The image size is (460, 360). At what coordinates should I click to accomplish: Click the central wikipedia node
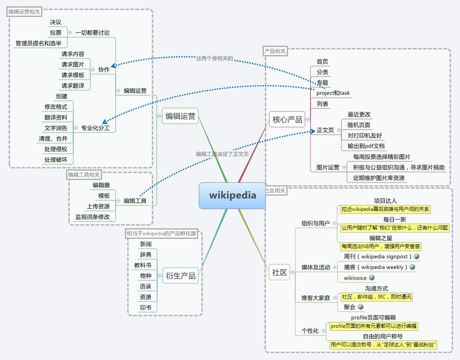tap(233, 195)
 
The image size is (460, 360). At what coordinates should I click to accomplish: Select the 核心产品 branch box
tap(287, 119)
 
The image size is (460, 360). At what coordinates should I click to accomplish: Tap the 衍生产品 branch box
tap(180, 276)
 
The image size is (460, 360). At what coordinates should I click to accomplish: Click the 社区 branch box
tap(279, 272)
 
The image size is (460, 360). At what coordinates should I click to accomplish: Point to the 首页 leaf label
tap(322, 61)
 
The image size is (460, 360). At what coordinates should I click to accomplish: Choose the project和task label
tap(333, 93)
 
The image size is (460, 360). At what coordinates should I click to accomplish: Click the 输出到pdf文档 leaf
tap(366, 146)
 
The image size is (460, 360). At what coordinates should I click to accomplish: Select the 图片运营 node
tap(328, 167)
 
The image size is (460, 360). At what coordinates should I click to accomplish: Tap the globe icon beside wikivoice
tap(372, 277)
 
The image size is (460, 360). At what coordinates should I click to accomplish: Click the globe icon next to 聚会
tap(361, 307)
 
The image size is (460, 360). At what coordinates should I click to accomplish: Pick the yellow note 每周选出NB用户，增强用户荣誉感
tap(381, 246)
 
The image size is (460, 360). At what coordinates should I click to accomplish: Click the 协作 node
tap(104, 69)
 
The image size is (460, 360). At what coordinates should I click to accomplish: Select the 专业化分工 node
tap(95, 128)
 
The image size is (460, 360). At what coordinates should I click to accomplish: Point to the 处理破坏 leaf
tap(56, 160)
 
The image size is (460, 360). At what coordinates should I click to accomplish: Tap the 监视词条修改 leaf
tap(92, 217)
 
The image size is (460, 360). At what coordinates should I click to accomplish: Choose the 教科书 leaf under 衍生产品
tap(143, 265)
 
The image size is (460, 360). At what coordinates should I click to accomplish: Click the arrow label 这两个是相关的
tap(214, 58)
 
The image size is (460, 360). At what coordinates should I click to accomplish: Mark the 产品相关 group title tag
tap(275, 51)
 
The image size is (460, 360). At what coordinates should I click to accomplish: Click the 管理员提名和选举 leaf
tap(39, 44)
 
